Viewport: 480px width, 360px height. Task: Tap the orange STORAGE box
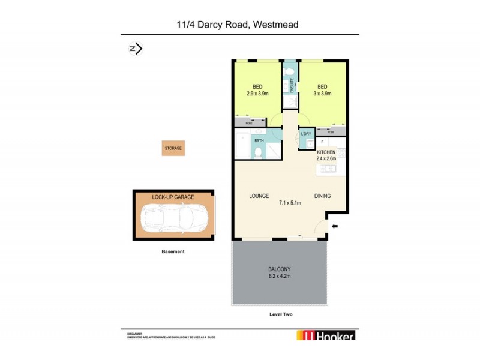pyautogui.click(x=173, y=148)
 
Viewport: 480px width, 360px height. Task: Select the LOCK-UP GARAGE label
pyautogui.click(x=173, y=197)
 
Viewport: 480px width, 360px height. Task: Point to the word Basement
pyautogui.click(x=173, y=251)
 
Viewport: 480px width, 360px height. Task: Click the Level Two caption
pyautogui.click(x=280, y=314)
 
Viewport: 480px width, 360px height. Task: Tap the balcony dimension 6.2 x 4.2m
pyautogui.click(x=280, y=276)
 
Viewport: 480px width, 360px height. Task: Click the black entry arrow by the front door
pyautogui.click(x=335, y=226)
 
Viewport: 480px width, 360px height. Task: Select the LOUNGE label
pyautogui.click(x=259, y=196)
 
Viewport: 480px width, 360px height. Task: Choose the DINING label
pyautogui.click(x=322, y=196)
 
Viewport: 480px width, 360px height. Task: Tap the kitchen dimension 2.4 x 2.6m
pyautogui.click(x=326, y=159)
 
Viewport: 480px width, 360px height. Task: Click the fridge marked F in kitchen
pyautogui.click(x=322, y=142)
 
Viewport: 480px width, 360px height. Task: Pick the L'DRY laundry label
pyautogui.click(x=305, y=134)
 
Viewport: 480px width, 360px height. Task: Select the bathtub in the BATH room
pyautogui.click(x=242, y=145)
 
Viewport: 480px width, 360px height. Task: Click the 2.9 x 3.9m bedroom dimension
pyautogui.click(x=257, y=94)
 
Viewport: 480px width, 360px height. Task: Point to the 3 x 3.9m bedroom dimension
pyautogui.click(x=322, y=94)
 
